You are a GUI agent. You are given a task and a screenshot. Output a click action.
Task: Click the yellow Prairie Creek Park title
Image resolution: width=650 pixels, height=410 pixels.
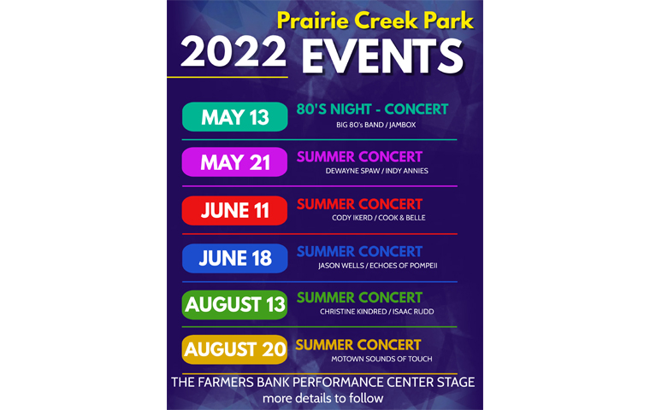click(x=375, y=20)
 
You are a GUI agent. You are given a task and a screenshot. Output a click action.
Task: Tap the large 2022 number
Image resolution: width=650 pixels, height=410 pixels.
click(x=233, y=51)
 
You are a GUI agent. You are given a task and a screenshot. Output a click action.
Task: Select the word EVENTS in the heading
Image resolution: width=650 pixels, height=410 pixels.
click(x=382, y=56)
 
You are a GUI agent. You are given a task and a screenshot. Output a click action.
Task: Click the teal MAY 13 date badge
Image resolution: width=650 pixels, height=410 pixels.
click(x=234, y=117)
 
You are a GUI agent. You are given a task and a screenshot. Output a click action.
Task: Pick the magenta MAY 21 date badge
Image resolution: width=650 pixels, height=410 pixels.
click(x=234, y=162)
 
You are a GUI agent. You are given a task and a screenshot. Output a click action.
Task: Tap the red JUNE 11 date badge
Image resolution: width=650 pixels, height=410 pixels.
click(x=234, y=210)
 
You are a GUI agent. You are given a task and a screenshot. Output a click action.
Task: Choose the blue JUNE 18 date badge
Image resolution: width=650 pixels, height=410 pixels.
click(x=234, y=259)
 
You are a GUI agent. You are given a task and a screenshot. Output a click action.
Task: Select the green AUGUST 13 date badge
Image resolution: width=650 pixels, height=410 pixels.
click(x=234, y=305)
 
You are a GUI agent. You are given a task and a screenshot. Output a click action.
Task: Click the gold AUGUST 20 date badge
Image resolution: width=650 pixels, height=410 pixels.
click(x=234, y=349)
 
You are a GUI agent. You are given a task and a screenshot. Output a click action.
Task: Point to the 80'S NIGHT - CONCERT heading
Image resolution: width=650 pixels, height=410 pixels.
click(x=372, y=109)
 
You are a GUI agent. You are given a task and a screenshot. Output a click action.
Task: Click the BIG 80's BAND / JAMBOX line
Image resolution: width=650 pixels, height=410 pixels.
click(x=376, y=125)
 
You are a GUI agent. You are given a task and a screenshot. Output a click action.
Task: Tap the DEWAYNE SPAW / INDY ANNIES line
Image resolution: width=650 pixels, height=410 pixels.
click(x=377, y=171)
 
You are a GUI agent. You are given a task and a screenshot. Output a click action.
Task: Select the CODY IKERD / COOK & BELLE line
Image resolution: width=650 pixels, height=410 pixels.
click(x=379, y=218)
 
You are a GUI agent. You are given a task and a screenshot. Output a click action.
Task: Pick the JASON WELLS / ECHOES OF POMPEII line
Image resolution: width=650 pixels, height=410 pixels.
click(x=378, y=266)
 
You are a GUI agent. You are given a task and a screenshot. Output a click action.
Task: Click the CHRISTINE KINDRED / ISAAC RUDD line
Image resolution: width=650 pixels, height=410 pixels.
click(x=377, y=312)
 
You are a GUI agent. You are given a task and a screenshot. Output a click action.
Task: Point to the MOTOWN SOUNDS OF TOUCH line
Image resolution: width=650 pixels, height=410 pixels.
click(x=381, y=359)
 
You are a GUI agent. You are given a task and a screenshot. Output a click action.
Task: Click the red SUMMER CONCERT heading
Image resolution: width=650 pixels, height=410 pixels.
click(x=359, y=204)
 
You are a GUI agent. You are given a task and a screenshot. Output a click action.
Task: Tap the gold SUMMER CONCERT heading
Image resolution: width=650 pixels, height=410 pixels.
click(x=358, y=345)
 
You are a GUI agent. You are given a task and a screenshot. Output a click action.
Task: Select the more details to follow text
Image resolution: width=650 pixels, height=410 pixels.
click(x=323, y=398)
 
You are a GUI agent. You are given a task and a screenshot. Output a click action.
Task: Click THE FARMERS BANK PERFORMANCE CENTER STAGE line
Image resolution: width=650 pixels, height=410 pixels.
click(x=323, y=382)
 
